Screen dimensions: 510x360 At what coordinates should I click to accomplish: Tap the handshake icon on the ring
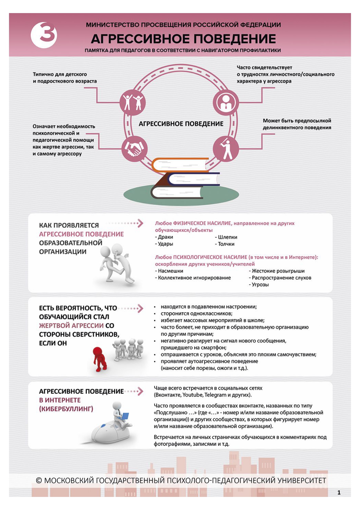tap(134, 149)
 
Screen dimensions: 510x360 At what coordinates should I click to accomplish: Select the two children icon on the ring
tap(133, 103)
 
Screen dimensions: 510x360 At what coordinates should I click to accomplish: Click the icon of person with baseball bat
tap(226, 149)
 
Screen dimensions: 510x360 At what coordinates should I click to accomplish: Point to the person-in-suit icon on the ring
tap(226, 102)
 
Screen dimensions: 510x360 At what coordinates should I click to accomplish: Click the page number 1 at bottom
tap(339, 492)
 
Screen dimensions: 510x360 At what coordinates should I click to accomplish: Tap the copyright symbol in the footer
tap(39, 481)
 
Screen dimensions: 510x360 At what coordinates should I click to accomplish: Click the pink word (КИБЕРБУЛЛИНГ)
tap(66, 409)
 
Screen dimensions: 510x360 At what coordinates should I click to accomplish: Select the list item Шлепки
tap(226, 237)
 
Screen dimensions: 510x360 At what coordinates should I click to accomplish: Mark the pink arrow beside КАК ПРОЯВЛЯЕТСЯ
tap(140, 223)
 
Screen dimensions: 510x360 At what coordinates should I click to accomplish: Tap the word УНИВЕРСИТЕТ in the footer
tap(302, 481)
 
